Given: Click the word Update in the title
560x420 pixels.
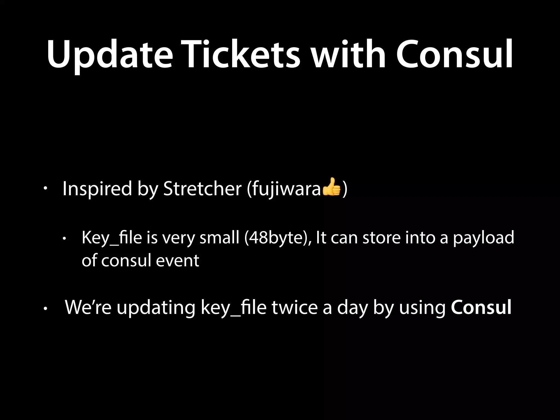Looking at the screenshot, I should [110, 55].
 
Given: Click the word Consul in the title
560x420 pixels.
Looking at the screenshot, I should [454, 55].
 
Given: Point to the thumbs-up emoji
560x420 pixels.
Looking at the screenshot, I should [331, 187].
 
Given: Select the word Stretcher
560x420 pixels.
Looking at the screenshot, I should [202, 189].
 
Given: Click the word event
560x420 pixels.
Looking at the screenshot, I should [177, 260].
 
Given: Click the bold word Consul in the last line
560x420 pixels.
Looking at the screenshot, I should [481, 308].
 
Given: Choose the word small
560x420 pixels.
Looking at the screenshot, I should [219, 237].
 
